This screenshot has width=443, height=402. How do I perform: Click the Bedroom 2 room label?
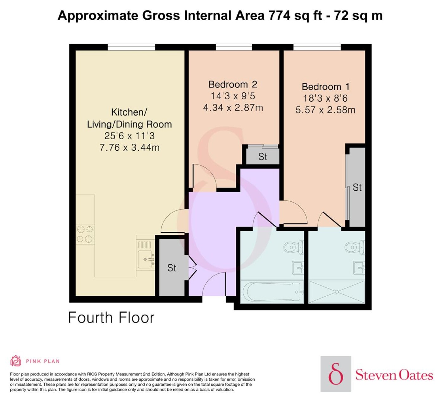click(x=233, y=85)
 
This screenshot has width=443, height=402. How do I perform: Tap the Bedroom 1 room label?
click(x=326, y=87)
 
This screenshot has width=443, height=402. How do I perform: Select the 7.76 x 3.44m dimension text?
click(x=129, y=148)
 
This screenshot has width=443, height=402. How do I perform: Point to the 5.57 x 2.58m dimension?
click(x=326, y=110)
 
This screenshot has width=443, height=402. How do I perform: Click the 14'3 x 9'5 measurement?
click(x=233, y=96)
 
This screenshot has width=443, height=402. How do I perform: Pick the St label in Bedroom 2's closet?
click(x=263, y=157)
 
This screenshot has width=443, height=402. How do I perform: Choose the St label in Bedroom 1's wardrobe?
click(x=357, y=187)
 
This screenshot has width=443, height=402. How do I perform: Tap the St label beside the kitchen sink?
click(x=172, y=268)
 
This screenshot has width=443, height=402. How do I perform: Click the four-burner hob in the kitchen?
click(x=85, y=234)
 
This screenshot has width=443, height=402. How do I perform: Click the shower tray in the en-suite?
click(x=337, y=292)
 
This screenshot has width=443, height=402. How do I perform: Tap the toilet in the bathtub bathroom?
click(x=294, y=247)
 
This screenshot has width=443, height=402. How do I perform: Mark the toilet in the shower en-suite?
click(x=355, y=247)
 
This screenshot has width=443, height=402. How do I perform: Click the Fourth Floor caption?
click(x=111, y=317)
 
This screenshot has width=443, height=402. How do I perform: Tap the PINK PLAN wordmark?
click(x=43, y=361)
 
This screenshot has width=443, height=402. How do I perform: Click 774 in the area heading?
click(x=279, y=16)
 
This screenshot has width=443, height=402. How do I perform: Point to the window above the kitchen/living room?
click(x=131, y=47)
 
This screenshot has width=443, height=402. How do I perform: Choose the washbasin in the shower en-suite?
click(x=359, y=268)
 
